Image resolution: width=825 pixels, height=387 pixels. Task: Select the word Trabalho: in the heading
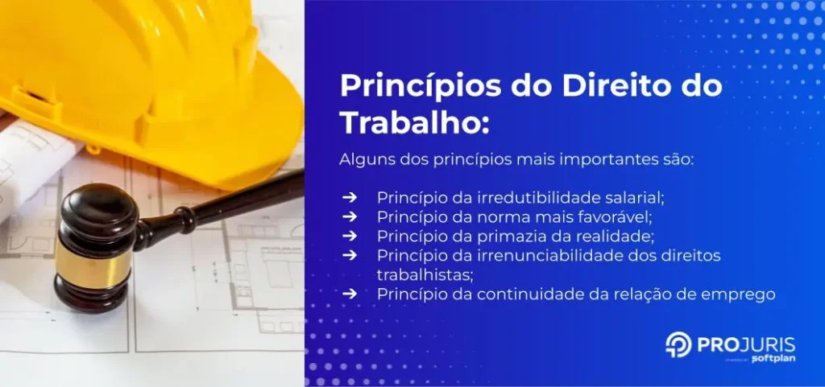tap(414, 122)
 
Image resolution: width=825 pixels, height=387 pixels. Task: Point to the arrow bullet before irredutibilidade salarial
tap(349, 197)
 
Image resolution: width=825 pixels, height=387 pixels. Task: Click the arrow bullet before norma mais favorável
tap(349, 216)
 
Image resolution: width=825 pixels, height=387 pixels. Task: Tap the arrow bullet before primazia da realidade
tap(349, 236)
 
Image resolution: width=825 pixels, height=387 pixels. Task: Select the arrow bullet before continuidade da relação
tap(349, 294)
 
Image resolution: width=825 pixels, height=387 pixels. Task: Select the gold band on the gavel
tap(91, 257)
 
